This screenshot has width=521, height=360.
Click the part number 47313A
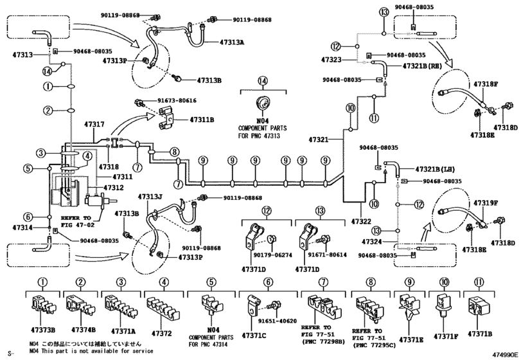pos(232,42)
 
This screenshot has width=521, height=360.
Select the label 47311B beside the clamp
pos(202,120)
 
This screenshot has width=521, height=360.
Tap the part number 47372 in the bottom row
pos(162,333)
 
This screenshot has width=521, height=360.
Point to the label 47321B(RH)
pos(422,66)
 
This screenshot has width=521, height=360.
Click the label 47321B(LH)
pos(435,170)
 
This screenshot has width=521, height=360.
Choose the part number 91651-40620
pos(277,321)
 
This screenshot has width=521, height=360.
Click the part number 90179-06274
pos(273,255)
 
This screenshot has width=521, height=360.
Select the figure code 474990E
pos(506,354)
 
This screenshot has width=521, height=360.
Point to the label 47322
pos(361,221)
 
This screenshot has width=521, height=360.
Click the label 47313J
pos(150,197)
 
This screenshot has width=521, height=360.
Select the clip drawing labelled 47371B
pos(478,305)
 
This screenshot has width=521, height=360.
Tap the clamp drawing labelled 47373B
pos(43,305)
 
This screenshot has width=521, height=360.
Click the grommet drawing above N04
pos(263,103)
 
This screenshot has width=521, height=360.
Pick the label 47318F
pos(486,84)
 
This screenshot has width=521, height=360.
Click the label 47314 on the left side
pos(22,228)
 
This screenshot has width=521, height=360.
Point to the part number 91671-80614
pos(327,255)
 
